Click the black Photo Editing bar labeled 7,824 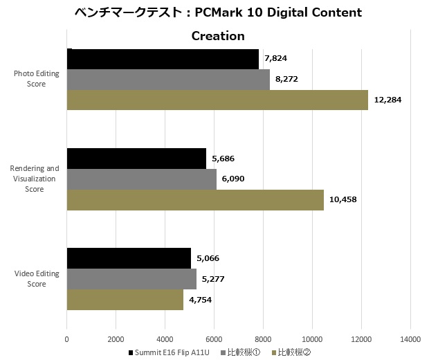pyautogui.click(x=163, y=59)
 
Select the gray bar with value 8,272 pyautogui.click(x=168, y=80)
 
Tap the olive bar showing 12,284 pyautogui.click(x=217, y=100)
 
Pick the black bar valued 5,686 pyautogui.click(x=136, y=159)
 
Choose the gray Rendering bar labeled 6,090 pyautogui.click(x=141, y=179)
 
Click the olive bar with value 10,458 pyautogui.click(x=195, y=199)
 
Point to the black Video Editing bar pyautogui.click(x=129, y=258)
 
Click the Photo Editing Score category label pyautogui.click(x=37, y=80)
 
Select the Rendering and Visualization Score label pyautogui.click(x=34, y=179)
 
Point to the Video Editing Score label pyautogui.click(x=37, y=278)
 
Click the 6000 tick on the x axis pyautogui.click(x=214, y=339)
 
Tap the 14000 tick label pyautogui.click(x=410, y=339)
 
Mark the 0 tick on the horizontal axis pyautogui.click(x=66, y=339)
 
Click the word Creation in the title pyautogui.click(x=218, y=36)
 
